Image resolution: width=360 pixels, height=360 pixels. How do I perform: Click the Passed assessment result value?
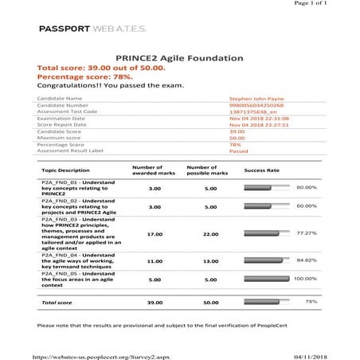(239, 150)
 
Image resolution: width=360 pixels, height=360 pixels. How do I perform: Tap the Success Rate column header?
(261, 170)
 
